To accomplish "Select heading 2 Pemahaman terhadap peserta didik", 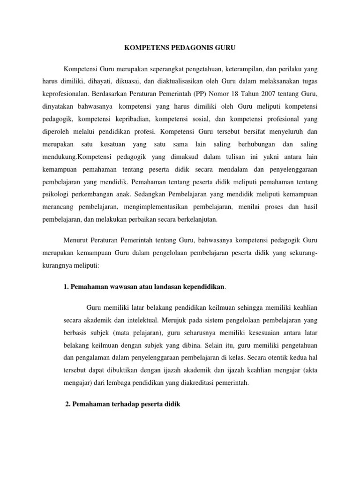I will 122,404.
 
